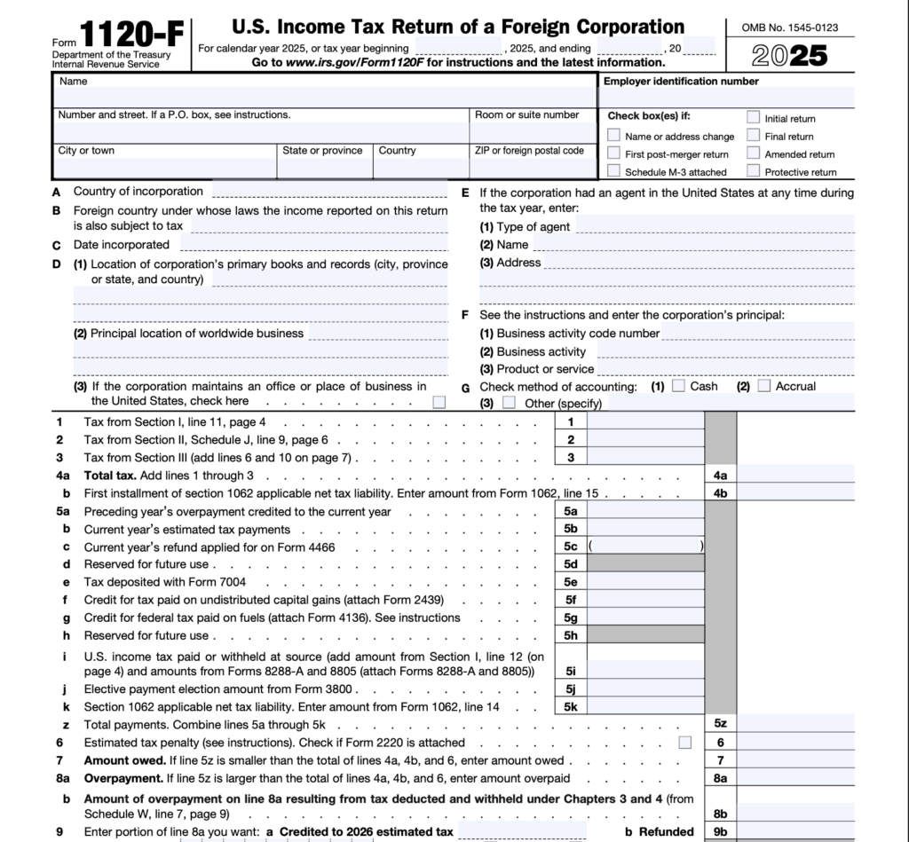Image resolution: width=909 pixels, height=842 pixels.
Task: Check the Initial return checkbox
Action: point(753,117)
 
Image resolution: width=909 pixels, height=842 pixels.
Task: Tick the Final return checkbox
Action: point(753,136)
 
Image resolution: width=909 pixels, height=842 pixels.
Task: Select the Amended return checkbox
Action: point(753,153)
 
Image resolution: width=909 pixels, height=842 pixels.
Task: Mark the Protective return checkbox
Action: point(753,171)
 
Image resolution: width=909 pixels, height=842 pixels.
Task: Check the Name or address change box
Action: point(613,136)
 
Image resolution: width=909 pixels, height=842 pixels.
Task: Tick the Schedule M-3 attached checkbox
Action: point(613,171)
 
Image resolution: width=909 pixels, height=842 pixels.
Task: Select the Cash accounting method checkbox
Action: point(678,386)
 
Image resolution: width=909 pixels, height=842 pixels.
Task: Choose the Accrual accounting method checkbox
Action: point(763,386)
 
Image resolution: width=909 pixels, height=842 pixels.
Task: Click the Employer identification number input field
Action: point(728,97)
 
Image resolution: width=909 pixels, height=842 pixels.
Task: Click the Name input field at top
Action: point(324,97)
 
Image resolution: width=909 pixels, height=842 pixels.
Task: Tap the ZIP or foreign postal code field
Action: point(533,168)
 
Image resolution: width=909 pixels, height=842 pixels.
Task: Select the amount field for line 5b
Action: point(647,529)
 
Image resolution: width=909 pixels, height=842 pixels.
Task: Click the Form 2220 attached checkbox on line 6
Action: point(684,742)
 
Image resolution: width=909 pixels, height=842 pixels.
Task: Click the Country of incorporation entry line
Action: point(329,192)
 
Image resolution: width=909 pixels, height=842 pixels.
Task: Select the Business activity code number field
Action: point(757,334)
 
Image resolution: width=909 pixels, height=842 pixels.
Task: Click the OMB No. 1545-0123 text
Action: point(790,28)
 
